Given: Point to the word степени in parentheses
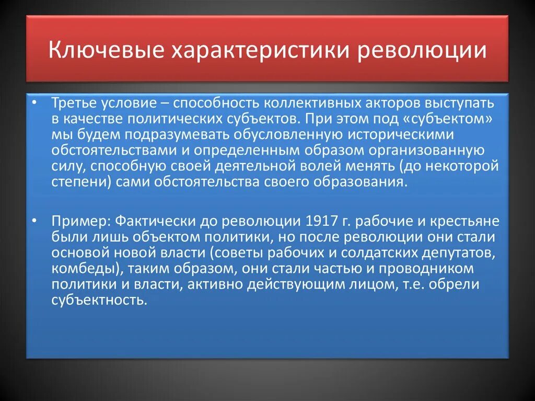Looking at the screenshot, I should tap(71, 182).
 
